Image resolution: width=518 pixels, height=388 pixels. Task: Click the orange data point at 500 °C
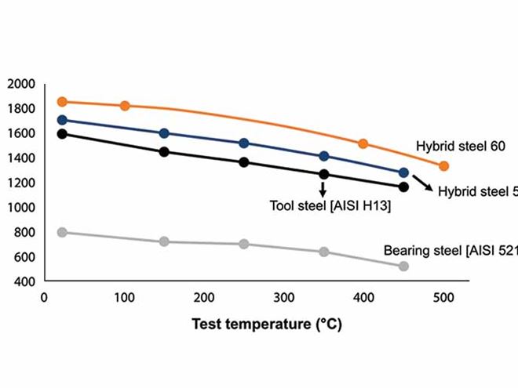[443, 166]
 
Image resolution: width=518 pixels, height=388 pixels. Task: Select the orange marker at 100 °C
[125, 105]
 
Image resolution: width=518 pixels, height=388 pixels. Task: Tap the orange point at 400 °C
[363, 143]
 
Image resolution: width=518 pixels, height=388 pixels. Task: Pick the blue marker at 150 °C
[164, 133]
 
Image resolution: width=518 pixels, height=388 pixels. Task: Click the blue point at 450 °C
[403, 172]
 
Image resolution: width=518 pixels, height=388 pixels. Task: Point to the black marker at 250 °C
[244, 162]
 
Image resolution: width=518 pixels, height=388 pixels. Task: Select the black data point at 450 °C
[403, 187]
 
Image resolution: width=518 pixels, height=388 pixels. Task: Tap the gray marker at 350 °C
[323, 252]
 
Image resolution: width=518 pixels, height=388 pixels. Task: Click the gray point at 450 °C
[403, 267]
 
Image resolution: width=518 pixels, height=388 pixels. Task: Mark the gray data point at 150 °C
[164, 241]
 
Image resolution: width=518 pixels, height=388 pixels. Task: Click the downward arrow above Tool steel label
[323, 190]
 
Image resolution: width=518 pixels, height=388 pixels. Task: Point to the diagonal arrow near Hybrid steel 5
[424, 183]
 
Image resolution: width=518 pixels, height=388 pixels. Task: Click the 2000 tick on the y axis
[21, 84]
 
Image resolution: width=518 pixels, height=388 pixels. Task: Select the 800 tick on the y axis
[25, 232]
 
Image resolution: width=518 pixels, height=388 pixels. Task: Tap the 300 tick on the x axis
[284, 298]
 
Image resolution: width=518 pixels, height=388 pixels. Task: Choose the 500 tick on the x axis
[444, 298]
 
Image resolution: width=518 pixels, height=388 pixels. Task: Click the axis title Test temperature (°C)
[267, 323]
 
